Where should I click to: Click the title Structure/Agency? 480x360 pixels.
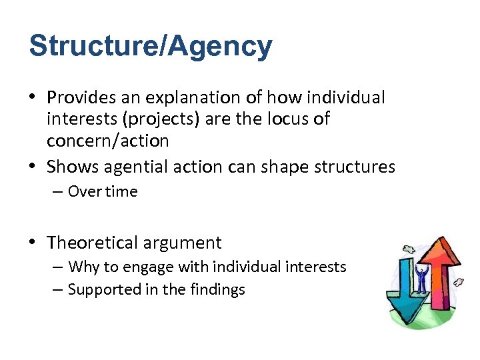[151, 47]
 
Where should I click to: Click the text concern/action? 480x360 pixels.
[107, 141]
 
